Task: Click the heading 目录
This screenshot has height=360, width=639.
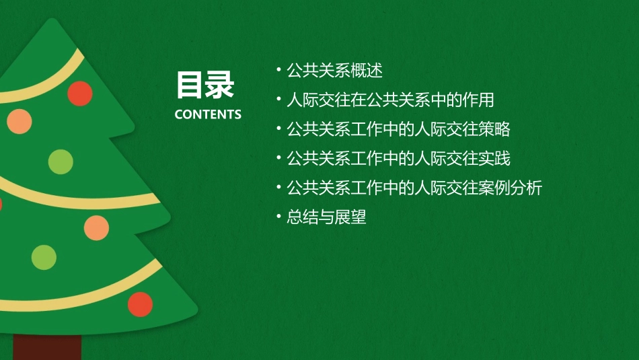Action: coord(205,85)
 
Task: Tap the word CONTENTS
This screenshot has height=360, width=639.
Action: coord(208,114)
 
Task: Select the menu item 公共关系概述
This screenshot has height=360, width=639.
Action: coord(334,70)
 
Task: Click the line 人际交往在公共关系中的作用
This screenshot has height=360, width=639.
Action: coord(390,100)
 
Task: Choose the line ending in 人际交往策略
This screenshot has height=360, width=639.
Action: coord(398,129)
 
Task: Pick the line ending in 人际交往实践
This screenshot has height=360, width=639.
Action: coord(398,159)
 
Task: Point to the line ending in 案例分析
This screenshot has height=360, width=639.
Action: coord(414,188)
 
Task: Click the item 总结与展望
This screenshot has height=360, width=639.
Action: coord(326,217)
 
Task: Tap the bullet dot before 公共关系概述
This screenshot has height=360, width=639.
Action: coord(278,69)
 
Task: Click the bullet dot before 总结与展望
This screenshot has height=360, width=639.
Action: coord(278,217)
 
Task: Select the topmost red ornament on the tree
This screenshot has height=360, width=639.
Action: coord(80,94)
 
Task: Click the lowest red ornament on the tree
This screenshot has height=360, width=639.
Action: coord(140,304)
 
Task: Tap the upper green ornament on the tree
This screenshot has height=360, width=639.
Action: coord(61,161)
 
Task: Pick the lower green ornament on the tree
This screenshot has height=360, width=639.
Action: coord(44,257)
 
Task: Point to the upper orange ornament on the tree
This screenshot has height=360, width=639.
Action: coord(20,120)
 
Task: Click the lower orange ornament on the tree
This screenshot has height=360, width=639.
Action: coord(96,227)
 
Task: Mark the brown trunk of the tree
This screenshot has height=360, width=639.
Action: coord(47,347)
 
